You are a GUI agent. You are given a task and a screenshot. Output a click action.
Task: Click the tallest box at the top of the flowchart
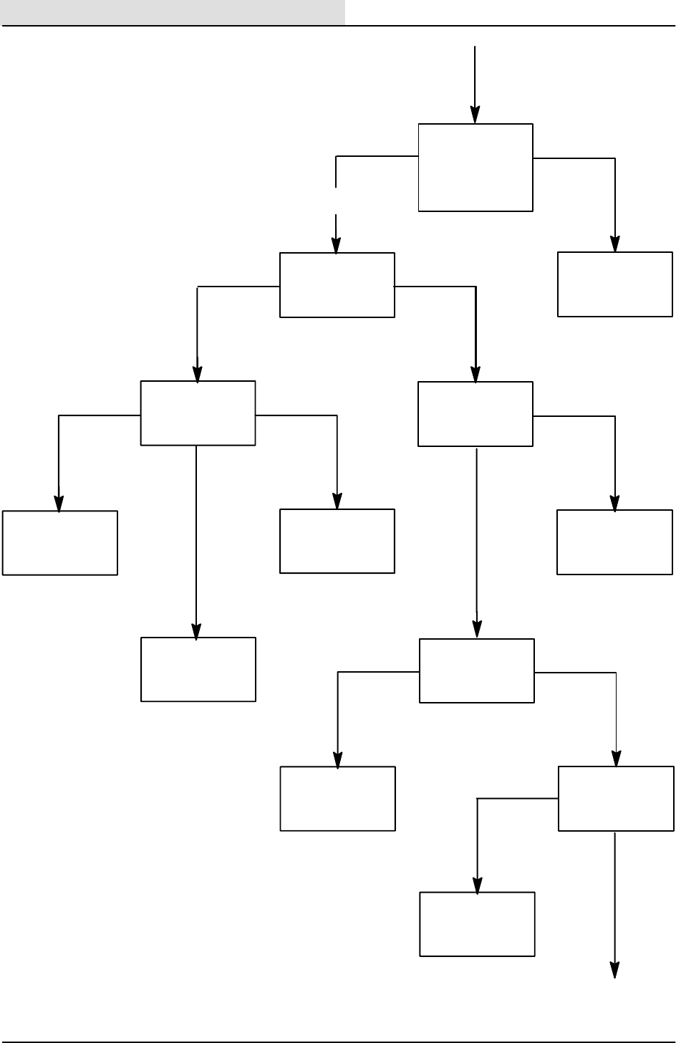(475, 168)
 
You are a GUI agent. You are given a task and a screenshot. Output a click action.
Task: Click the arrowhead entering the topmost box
(475, 115)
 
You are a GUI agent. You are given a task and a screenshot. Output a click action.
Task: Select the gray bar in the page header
(173, 12)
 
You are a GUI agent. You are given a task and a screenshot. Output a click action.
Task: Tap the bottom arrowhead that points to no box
(615, 968)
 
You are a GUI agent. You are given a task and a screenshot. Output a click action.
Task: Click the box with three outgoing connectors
(198, 413)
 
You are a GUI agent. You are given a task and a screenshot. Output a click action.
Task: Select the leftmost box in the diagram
(60, 542)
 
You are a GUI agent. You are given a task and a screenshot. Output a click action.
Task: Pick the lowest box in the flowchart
(477, 923)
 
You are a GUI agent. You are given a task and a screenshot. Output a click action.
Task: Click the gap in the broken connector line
(336, 201)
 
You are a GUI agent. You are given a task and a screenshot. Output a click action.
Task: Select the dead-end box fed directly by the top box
(615, 284)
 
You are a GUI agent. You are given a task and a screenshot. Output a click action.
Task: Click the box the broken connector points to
(337, 284)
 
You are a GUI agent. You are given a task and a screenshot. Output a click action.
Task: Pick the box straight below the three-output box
(198, 669)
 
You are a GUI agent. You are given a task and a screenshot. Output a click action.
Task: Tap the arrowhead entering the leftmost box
(59, 504)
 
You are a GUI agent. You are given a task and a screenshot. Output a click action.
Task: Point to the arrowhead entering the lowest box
(477, 885)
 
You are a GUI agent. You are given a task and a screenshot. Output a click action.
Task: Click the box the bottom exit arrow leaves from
(616, 799)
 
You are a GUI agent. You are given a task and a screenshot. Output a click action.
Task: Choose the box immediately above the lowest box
(476, 670)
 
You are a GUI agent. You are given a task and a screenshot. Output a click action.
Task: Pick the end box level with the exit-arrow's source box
(337, 799)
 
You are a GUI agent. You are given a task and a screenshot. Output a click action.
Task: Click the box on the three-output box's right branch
(337, 541)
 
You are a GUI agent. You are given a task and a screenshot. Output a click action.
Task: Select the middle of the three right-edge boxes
(615, 542)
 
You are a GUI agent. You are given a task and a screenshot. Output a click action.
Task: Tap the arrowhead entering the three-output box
(198, 374)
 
